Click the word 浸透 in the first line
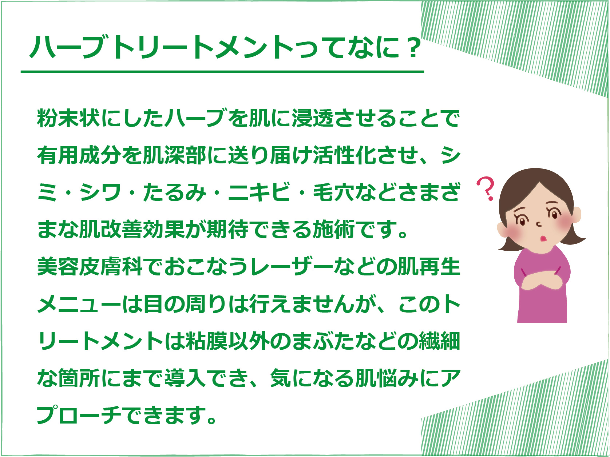click(312, 118)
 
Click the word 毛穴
click(334, 192)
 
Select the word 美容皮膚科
click(90, 266)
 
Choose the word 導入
click(185, 378)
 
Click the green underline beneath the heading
click(222, 72)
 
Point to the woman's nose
click(539, 224)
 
